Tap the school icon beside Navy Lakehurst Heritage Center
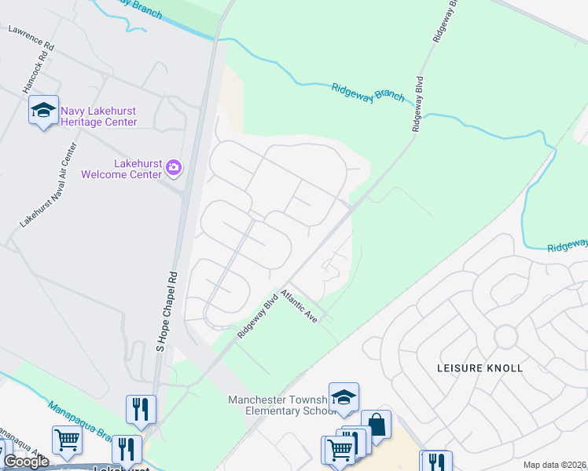[43, 110]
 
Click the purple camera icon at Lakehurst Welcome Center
[174, 167]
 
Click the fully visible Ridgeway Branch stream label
[367, 92]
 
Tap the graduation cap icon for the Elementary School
[344, 397]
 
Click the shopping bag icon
[377, 425]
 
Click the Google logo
[26, 462]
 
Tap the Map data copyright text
[555, 465]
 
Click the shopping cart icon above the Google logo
[67, 440]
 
